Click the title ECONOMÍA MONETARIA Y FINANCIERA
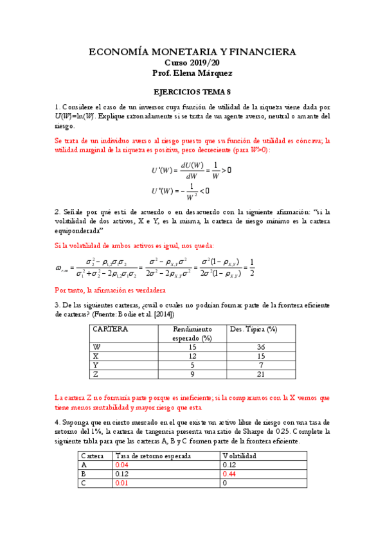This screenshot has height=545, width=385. tap(192, 51)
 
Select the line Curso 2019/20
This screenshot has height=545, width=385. tap(192, 63)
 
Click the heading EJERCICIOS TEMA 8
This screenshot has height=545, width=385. tap(192, 93)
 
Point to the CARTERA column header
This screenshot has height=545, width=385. tap(111, 329)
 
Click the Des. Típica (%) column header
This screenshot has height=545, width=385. tap(253, 329)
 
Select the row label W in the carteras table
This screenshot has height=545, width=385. tap(97, 346)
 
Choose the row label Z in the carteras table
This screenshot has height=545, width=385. tap(96, 373)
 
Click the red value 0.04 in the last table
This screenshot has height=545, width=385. tap(122, 464)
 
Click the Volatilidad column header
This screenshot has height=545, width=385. tap(239, 455)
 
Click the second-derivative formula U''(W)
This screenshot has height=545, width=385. tap(180, 191)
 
